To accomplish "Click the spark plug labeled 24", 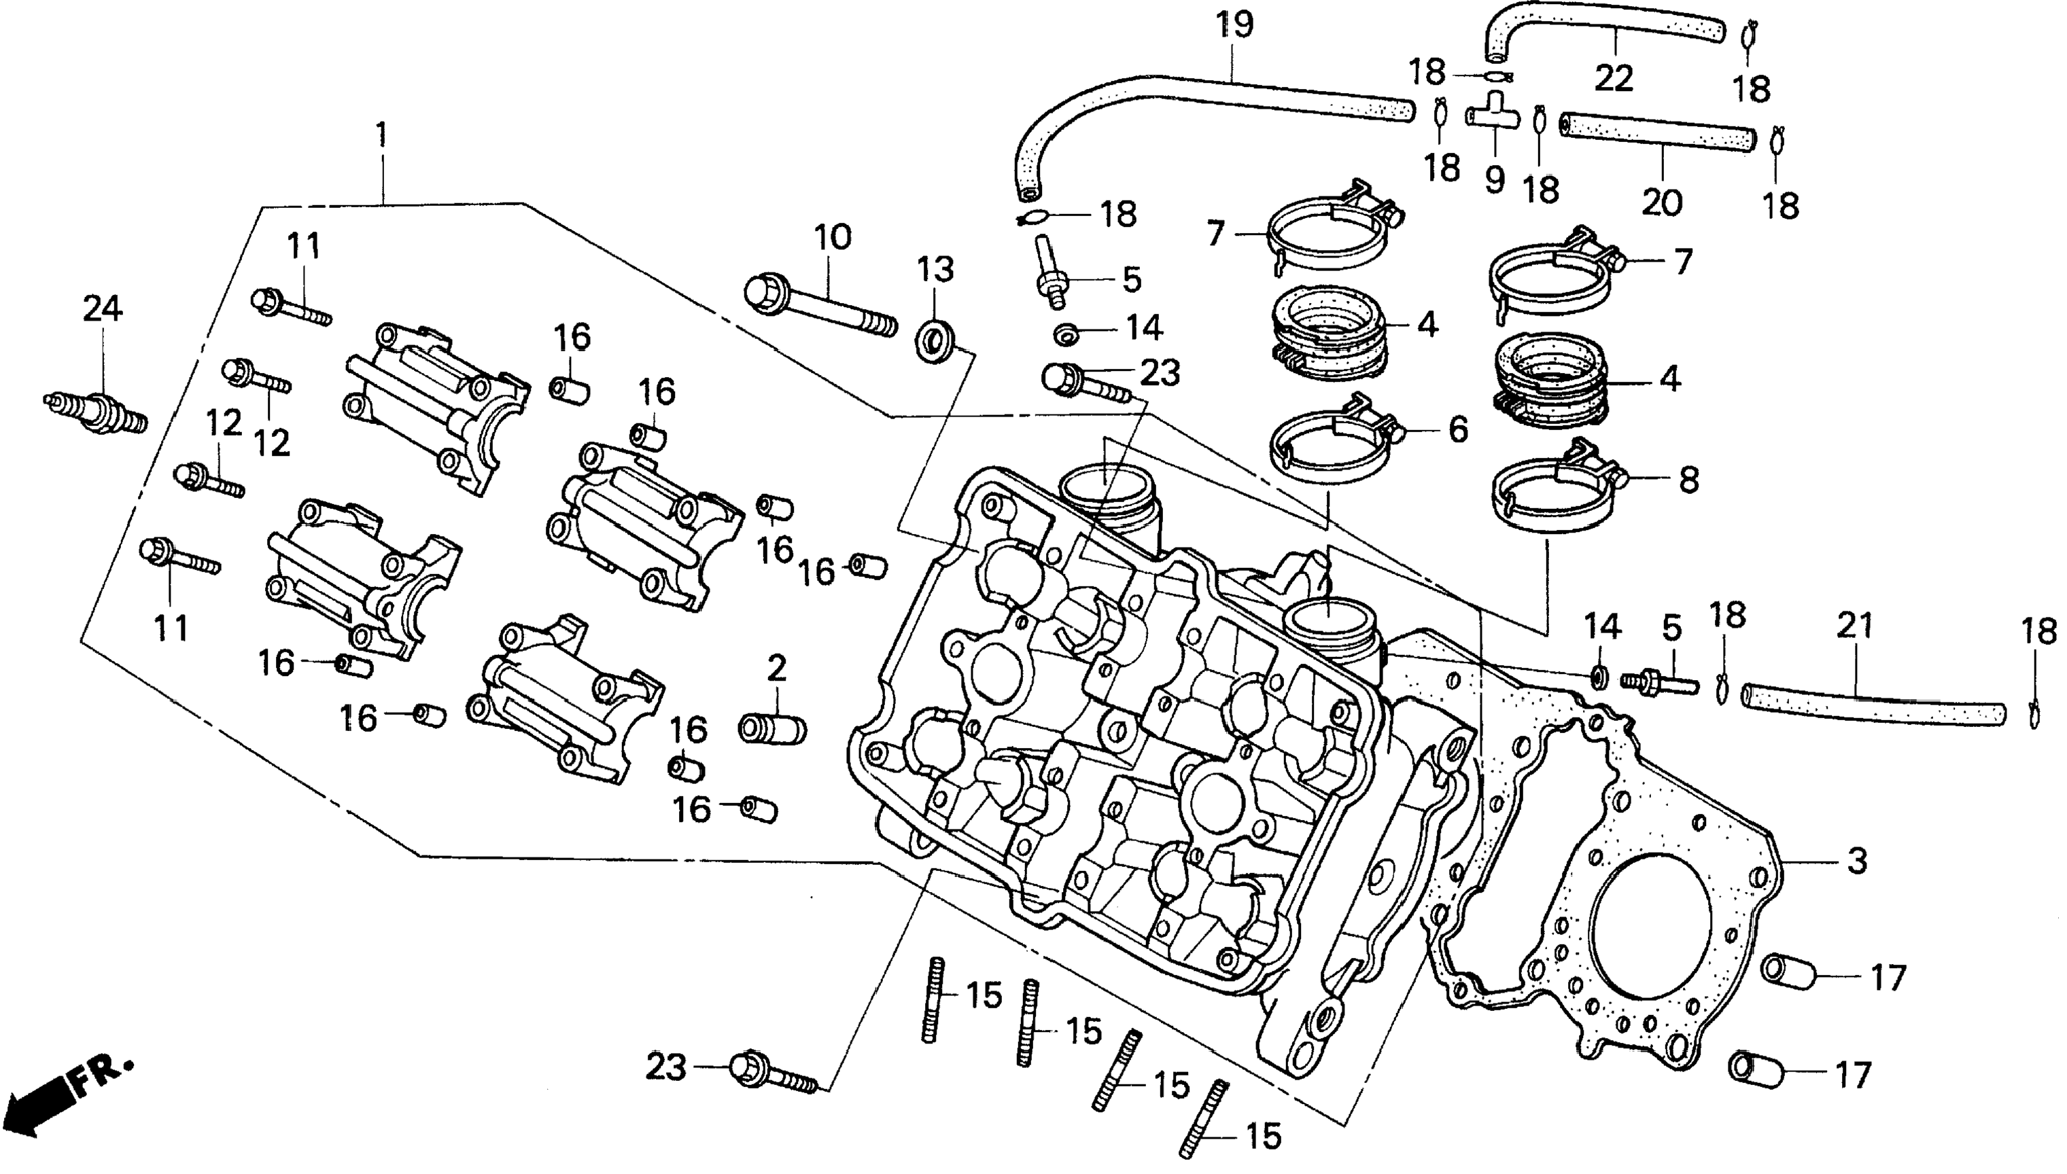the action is tap(95, 411).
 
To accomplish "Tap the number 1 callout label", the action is tap(381, 135).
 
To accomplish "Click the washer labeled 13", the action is tap(935, 336).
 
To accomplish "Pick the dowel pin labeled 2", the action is tap(771, 728).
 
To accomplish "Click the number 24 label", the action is tap(103, 309).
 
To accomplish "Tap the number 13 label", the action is tap(935, 269).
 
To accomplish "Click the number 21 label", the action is tap(1854, 626).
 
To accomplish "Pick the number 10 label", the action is tap(832, 238).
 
